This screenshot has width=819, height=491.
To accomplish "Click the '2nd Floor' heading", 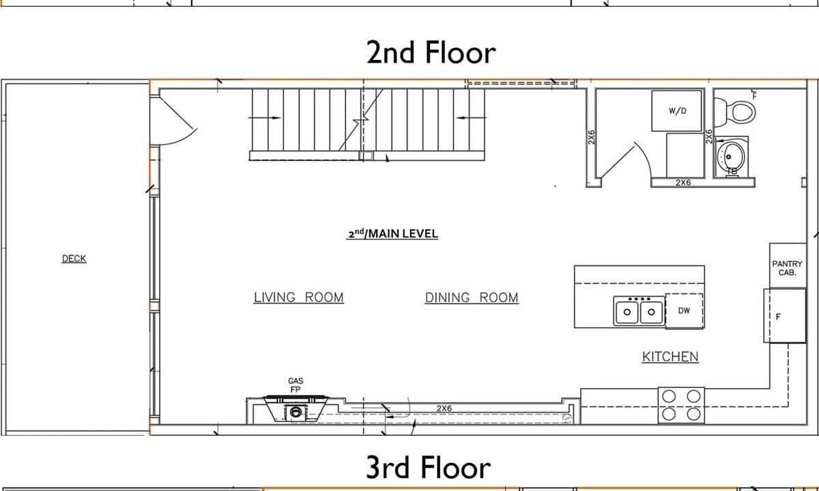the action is [431, 53].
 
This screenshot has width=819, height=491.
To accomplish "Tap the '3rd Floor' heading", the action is [428, 467].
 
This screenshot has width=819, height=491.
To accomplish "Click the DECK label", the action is [74, 258].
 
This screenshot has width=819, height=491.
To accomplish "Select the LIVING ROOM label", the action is [299, 297].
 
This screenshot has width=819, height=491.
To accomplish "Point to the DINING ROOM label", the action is [472, 297].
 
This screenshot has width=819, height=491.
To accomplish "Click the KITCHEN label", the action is [670, 357].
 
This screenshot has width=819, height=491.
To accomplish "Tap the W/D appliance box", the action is [677, 110].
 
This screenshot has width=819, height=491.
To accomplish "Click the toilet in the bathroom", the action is [734, 112].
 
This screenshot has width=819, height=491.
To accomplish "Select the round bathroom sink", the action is [730, 157].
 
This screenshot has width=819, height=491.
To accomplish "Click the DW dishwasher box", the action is [684, 310].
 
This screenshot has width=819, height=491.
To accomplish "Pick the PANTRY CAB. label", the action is [787, 268].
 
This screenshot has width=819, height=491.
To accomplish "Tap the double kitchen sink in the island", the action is [639, 311].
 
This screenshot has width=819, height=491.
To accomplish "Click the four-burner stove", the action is [681, 406].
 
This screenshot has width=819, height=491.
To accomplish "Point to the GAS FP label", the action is [296, 385].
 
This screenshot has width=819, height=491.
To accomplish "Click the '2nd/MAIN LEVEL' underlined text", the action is [392, 234].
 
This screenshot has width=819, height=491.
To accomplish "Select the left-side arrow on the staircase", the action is [264, 117].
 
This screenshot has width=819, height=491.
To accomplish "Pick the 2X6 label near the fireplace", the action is [444, 408].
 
